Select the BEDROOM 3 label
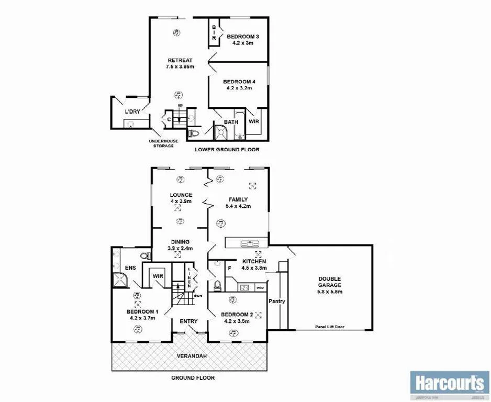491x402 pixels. (243, 36)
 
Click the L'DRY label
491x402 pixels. (132, 112)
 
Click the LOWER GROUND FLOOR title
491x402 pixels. (227, 150)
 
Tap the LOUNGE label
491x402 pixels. (181, 195)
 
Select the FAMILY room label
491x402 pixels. (238, 199)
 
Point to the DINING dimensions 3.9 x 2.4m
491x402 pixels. (180, 248)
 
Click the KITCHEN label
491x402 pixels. (254, 261)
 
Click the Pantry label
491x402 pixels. (276, 301)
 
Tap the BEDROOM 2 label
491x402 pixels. (237, 315)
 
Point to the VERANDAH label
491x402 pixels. (189, 356)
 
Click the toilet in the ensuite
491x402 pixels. (146, 256)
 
